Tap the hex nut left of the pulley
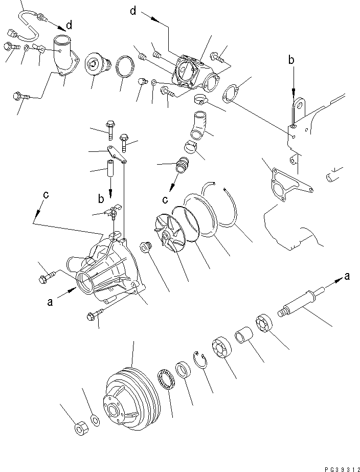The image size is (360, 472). click(80, 429)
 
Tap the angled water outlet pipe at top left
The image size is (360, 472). click(62, 56)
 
